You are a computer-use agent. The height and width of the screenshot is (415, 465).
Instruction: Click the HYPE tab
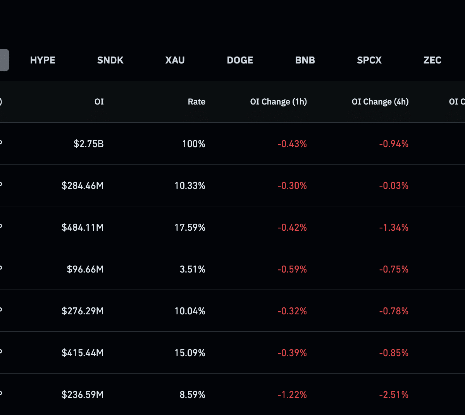[x=43, y=60]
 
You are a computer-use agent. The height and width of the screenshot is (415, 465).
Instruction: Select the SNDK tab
[x=110, y=60]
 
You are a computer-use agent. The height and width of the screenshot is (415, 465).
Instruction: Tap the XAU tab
[x=175, y=60]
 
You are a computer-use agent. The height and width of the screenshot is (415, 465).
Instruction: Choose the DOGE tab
[x=240, y=60]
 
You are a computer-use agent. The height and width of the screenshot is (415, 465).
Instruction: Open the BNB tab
[x=305, y=60]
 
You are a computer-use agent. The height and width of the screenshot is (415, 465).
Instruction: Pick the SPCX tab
[x=369, y=60]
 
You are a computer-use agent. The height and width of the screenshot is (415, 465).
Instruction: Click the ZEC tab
[x=432, y=60]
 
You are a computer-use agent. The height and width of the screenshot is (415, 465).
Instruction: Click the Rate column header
[x=196, y=101]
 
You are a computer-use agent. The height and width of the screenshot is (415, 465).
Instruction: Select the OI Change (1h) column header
[x=279, y=101]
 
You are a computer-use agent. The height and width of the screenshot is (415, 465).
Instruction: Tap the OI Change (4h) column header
[x=380, y=101]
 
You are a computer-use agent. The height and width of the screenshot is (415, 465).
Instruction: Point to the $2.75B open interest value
[x=89, y=144]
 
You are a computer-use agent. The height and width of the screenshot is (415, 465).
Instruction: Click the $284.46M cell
[x=83, y=185]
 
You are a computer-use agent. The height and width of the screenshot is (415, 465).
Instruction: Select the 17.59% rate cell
[x=190, y=228]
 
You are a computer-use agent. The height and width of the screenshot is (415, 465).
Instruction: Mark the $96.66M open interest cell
[x=85, y=269]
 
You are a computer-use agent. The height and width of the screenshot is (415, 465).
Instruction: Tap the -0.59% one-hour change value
[x=292, y=269]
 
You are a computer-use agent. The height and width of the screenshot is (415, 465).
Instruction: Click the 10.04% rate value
[x=190, y=311]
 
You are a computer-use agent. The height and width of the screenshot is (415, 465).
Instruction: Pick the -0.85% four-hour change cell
[x=394, y=353]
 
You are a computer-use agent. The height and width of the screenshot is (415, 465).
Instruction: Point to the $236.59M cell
[x=83, y=394]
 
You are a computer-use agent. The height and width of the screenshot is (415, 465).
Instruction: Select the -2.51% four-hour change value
[x=394, y=394]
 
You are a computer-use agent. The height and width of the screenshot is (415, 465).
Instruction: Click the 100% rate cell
[x=194, y=144]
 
